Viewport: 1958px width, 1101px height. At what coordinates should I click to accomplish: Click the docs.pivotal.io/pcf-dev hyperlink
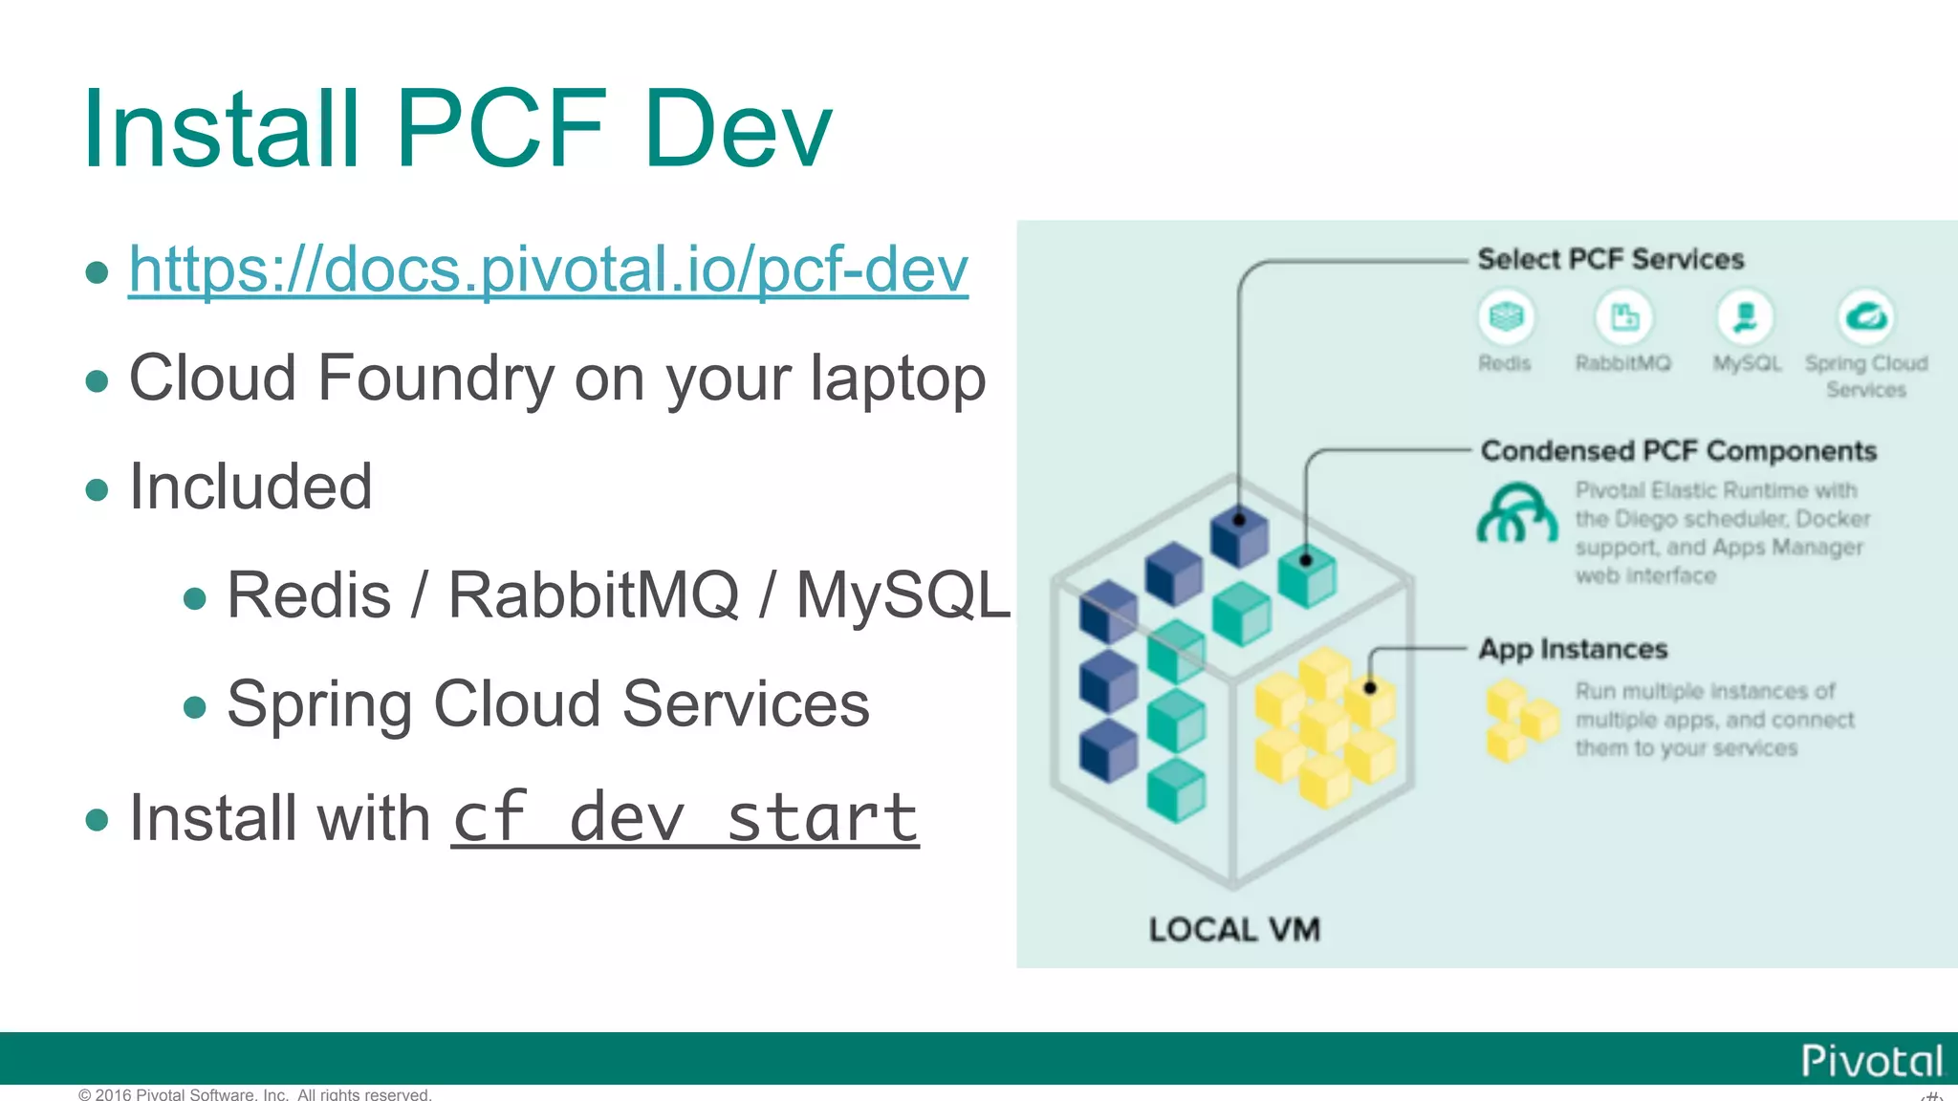548,270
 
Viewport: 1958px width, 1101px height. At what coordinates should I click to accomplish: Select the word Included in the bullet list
250,486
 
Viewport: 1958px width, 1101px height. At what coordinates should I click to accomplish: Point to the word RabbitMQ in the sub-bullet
593,595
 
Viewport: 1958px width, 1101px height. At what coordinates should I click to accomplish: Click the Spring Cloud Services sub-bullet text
548,704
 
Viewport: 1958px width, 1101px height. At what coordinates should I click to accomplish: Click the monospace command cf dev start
685,819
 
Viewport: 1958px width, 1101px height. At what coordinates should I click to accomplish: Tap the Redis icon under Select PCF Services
1506,316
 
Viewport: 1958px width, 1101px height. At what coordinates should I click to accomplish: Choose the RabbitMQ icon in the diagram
1624,316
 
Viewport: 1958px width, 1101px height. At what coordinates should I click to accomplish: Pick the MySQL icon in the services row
1746,316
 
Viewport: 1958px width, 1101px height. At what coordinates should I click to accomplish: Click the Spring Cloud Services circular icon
1866,316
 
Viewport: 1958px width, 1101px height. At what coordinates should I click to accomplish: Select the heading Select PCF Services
1610,259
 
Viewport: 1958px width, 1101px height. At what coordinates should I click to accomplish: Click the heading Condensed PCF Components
1678,451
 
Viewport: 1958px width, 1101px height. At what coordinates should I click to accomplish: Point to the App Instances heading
1573,650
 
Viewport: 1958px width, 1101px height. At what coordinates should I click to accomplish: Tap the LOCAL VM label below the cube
1234,930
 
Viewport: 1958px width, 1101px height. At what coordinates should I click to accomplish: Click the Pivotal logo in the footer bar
1871,1061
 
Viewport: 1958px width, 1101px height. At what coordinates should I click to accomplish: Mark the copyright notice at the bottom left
255,1094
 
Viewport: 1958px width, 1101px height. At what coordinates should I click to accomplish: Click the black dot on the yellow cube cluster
1370,687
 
